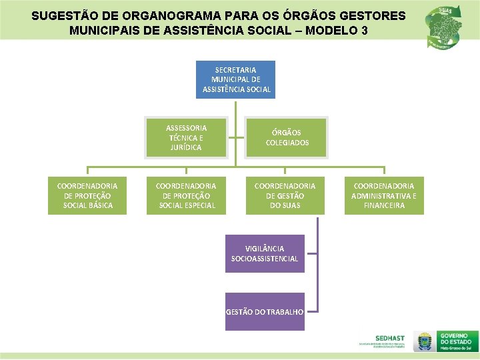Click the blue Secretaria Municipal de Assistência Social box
coord(235,79)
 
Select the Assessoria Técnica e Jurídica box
coord(186,137)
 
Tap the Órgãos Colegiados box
coord(287,137)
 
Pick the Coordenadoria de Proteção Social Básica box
coord(87,195)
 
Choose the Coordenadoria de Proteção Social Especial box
coord(186,195)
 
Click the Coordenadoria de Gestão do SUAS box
coord(285,195)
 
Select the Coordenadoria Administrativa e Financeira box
coord(384,195)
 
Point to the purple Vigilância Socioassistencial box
coord(265,253)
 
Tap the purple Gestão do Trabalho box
coord(265,311)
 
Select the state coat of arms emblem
coord(423,341)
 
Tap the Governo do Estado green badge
coord(457,341)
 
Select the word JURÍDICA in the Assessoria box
coord(186,147)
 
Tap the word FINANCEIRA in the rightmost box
coord(384,205)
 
